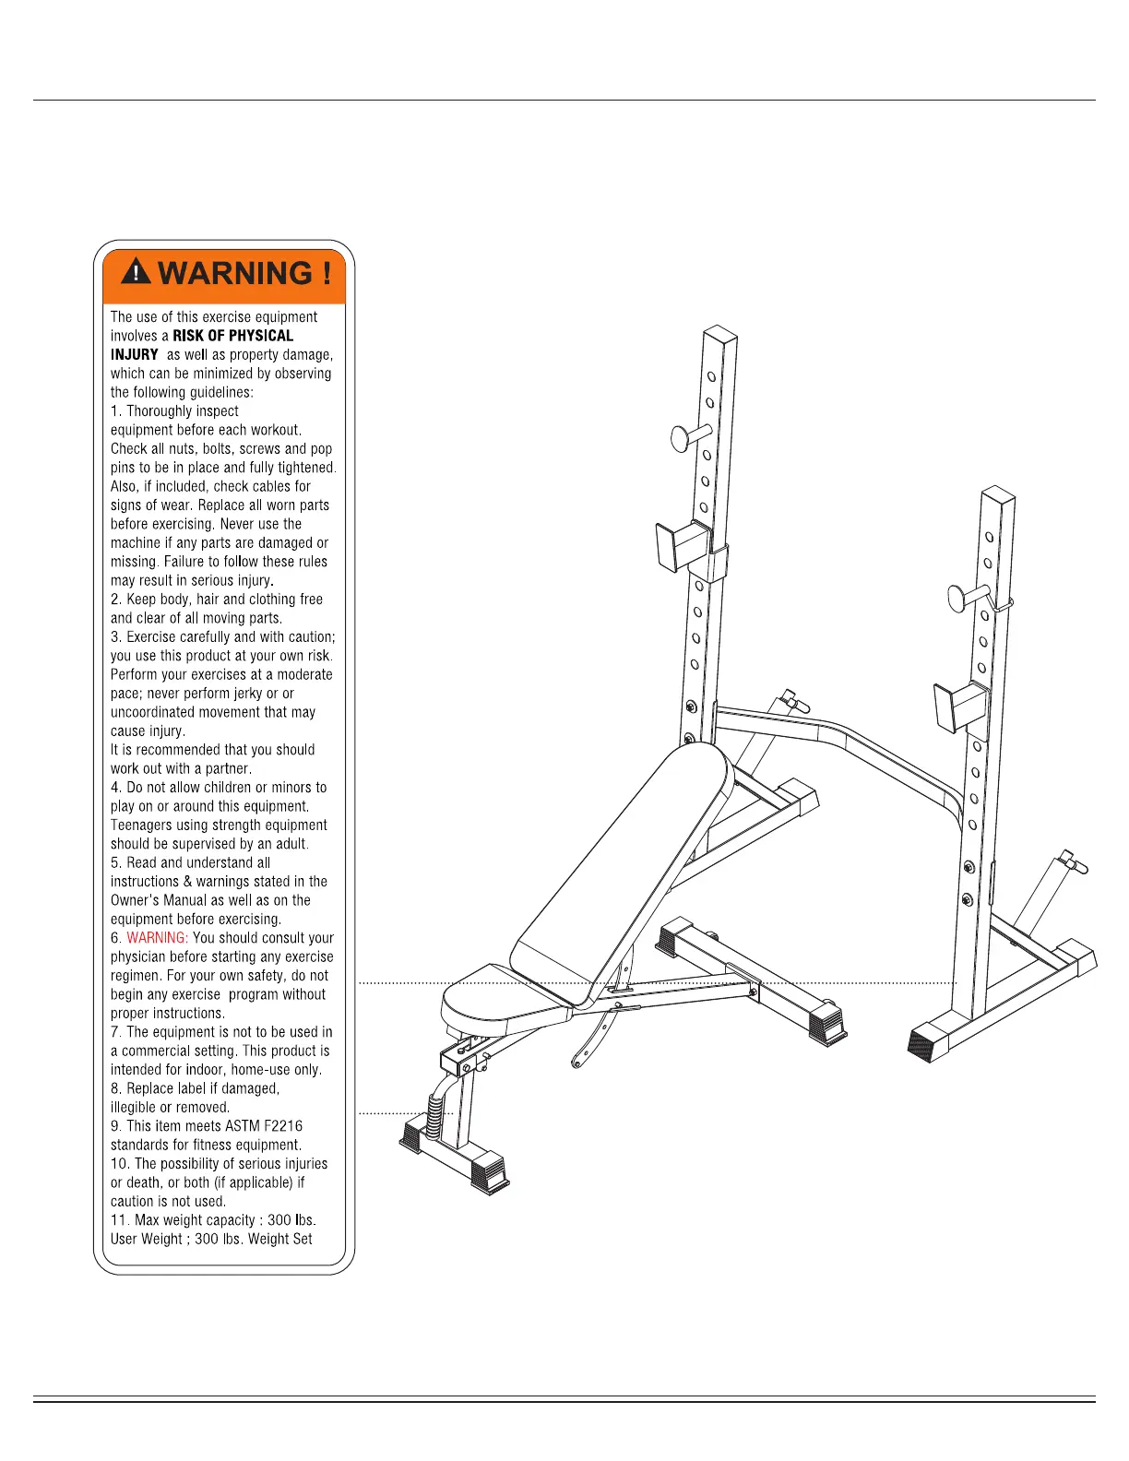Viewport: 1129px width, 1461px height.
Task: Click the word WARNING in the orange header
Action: [236, 274]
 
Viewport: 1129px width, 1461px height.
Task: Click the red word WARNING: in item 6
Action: [157, 938]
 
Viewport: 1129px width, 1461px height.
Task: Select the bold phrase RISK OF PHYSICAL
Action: [232, 336]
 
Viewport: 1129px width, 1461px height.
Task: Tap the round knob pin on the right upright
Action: [962, 598]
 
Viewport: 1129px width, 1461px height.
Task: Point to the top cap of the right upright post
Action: [997, 493]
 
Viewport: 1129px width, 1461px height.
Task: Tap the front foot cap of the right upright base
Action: [932, 1042]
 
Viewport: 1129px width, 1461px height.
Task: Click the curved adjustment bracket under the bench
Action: [590, 1042]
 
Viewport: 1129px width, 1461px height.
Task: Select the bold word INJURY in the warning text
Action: [135, 354]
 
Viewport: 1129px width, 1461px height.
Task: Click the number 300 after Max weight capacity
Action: [279, 1220]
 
